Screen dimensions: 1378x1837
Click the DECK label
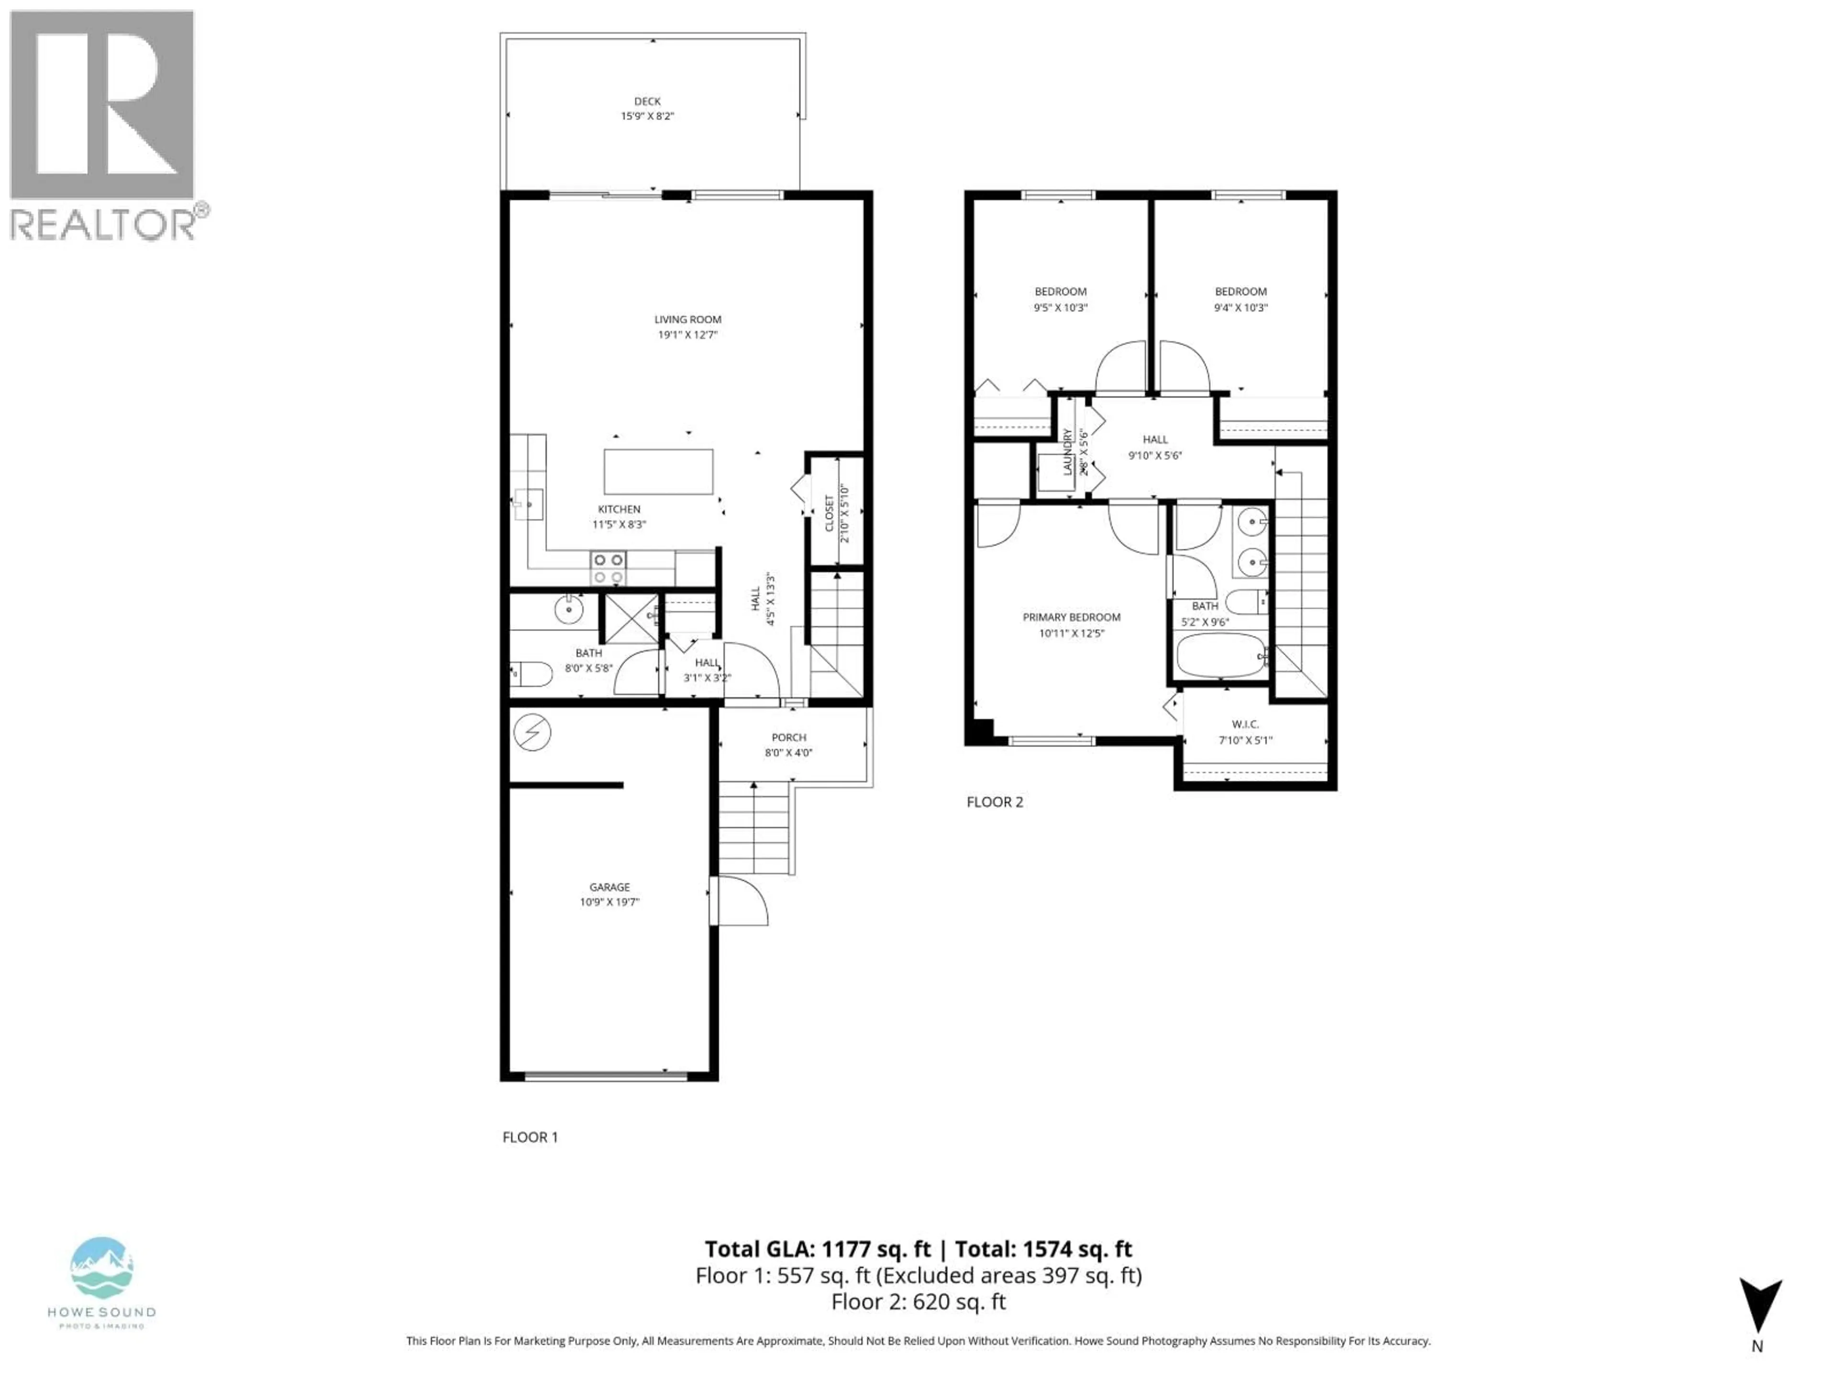coord(647,101)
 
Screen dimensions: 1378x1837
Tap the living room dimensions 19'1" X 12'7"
coord(687,335)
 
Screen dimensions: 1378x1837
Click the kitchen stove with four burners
coord(608,568)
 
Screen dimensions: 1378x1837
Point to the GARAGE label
coord(609,887)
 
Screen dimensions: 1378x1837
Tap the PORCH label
coord(788,737)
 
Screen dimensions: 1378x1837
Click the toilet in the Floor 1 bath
coord(531,674)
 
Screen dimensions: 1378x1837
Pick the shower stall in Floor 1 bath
coord(631,618)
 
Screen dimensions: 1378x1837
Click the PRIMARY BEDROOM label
coord(1071,617)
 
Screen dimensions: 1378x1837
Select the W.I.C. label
coord(1245,724)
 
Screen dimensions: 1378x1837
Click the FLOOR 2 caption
coord(994,801)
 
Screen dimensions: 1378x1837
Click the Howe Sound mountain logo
coord(101,1267)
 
